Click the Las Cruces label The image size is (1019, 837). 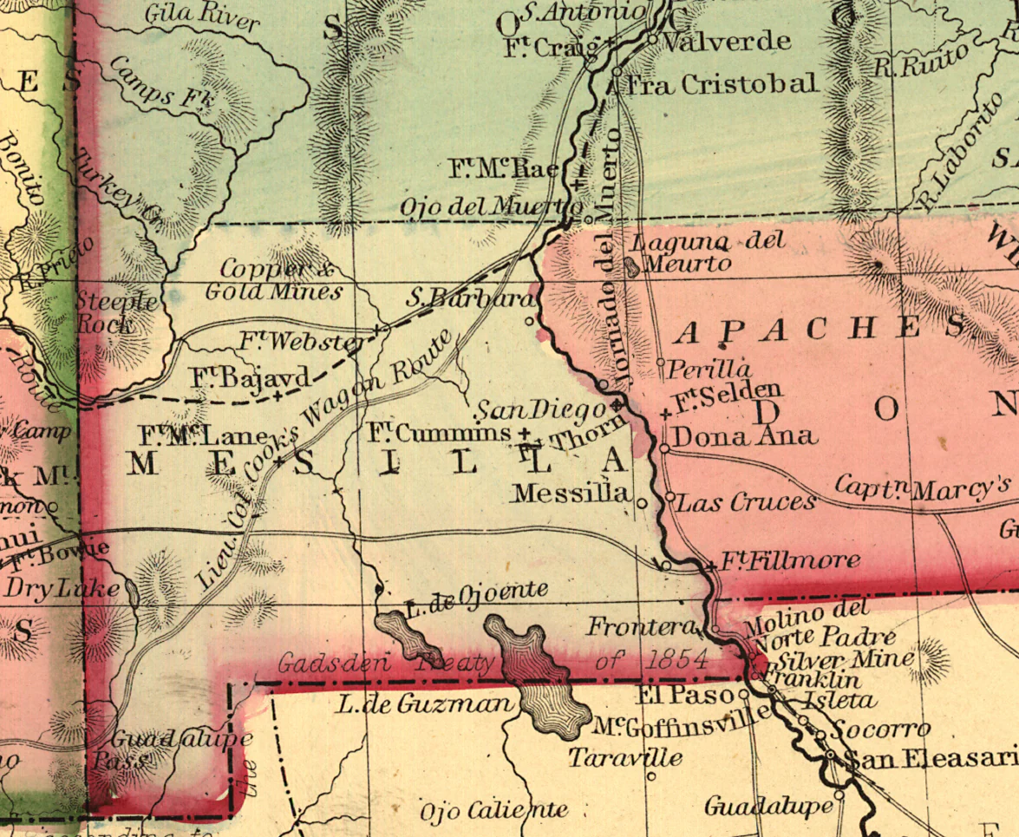pyautogui.click(x=746, y=502)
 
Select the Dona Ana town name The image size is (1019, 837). pyautogui.click(x=744, y=435)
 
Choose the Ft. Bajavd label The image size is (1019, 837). pyautogui.click(x=250, y=377)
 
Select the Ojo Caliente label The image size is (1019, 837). pyautogui.click(x=493, y=811)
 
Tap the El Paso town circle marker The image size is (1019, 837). pyautogui.click(x=744, y=695)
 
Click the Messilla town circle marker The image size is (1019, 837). pyautogui.click(x=642, y=503)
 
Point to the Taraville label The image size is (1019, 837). pyautogui.click(x=624, y=758)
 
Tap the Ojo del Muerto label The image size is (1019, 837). pyautogui.click(x=491, y=207)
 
